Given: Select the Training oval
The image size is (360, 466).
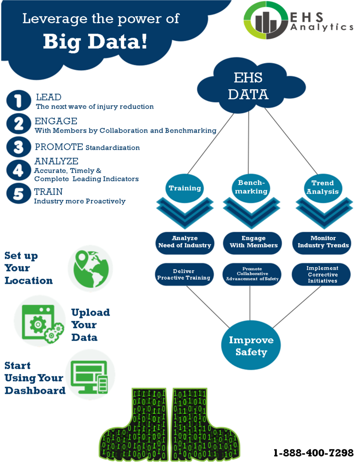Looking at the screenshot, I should tap(185, 188).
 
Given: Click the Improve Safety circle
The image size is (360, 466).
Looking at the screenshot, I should tap(251, 346).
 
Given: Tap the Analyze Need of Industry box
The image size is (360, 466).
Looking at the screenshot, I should tap(185, 242).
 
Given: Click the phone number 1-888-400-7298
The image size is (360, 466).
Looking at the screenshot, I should tap(314, 453).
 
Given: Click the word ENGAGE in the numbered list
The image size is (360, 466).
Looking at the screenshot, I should tap(56, 121).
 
